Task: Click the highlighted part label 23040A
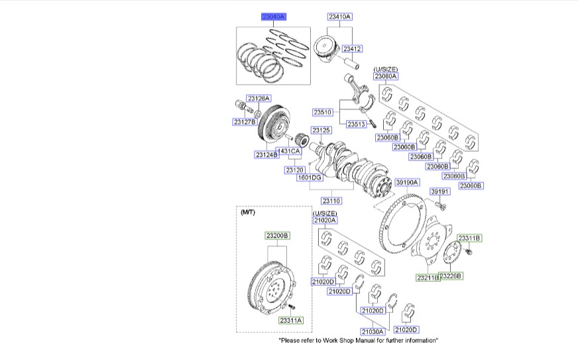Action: pos(273,17)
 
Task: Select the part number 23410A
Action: pos(339,17)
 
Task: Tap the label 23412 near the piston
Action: pos(352,48)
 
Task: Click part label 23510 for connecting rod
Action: pos(324,112)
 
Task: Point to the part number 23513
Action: pos(357,124)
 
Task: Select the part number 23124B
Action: pos(266,154)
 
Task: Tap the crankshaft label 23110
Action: pos(331,200)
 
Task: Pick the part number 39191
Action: pos(439,192)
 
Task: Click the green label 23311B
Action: pos(469,238)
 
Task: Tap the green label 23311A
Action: pos(290,320)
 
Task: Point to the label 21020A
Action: pos(325,220)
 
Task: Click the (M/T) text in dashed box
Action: pos(247,212)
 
